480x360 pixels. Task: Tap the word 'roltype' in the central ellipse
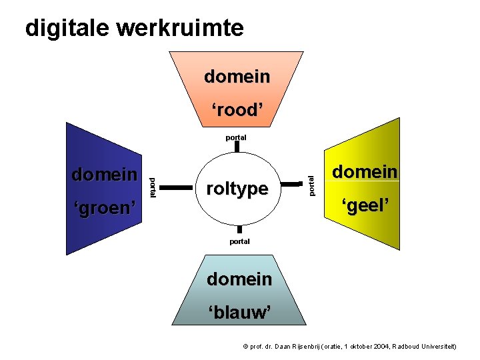point(237,189)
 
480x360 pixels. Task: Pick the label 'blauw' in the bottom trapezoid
point(239,312)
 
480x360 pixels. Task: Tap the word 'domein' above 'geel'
point(365,171)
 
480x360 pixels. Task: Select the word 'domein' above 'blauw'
point(239,279)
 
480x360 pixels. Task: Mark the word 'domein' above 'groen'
point(104,175)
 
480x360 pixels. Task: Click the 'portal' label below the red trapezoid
point(236,137)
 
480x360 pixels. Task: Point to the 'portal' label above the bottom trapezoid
point(239,241)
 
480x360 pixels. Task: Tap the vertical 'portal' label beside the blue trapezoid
point(152,187)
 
